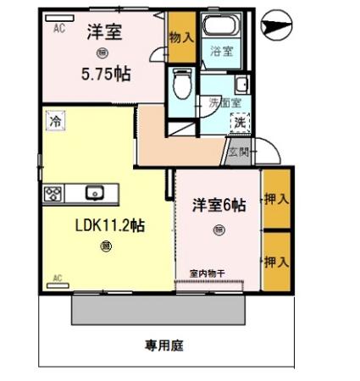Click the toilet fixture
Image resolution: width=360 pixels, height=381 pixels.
click(180, 84)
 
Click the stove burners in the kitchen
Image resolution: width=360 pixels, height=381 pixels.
click(53, 192)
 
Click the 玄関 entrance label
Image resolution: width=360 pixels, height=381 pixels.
click(238, 152)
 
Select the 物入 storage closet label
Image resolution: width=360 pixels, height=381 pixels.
click(180, 37)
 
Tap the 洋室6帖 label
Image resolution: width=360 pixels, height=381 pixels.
click(219, 205)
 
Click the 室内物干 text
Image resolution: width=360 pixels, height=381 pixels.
click(208, 273)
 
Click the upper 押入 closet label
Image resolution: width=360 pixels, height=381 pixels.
click(276, 200)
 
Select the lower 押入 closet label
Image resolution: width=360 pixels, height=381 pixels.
click(276, 262)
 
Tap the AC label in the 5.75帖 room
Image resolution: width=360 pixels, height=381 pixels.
click(59, 28)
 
